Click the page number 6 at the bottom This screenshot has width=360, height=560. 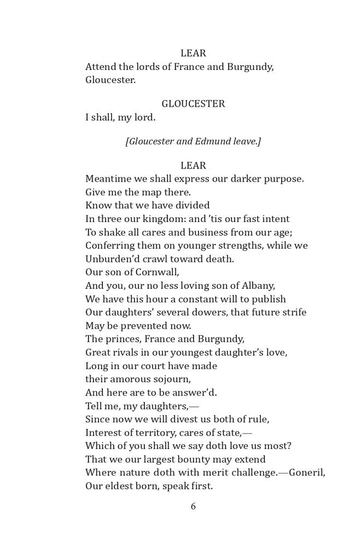[193, 506]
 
